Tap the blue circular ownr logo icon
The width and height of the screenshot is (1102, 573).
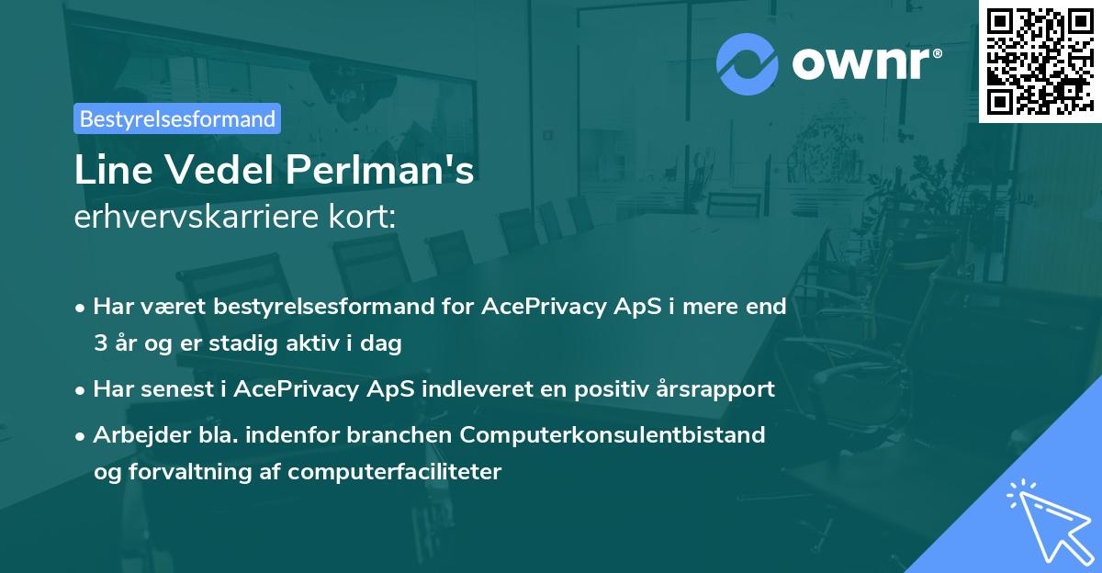[747, 63]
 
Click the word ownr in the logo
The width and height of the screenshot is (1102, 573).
[866, 62]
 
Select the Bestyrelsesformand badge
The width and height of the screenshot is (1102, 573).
[177, 118]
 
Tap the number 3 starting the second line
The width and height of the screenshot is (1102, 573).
[99, 344]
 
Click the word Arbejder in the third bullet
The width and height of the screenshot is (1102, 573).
[134, 434]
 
